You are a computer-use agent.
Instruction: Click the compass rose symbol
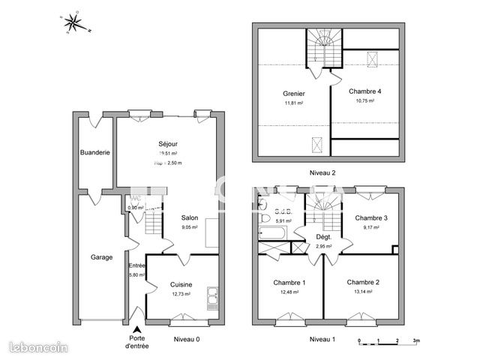75,23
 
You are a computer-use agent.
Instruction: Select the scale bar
387,340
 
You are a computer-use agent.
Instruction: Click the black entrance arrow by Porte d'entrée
136,330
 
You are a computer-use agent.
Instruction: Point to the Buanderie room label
95,152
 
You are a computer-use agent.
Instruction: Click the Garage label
101,257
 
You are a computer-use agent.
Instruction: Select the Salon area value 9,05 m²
190,228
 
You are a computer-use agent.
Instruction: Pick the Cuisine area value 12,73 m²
181,294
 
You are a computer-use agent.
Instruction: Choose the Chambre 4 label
365,91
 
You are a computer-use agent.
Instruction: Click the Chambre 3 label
370,218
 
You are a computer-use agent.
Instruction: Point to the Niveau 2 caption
322,172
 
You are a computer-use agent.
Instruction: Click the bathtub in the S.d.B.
271,234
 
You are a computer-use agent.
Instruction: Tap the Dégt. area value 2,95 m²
323,246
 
